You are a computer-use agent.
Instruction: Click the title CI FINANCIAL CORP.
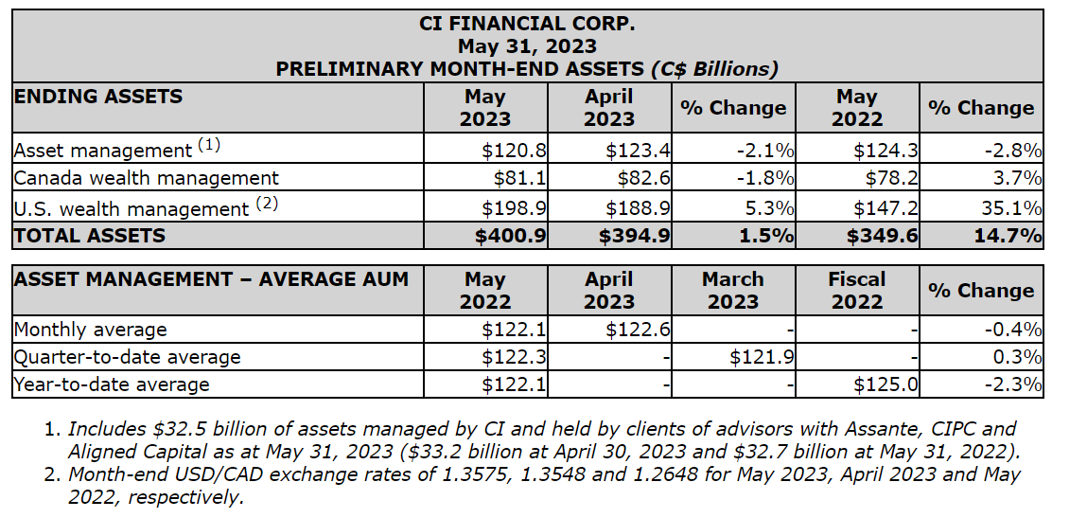coord(527,23)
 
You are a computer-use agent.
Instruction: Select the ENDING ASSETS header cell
coord(97,96)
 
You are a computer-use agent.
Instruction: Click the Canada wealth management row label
coord(147,177)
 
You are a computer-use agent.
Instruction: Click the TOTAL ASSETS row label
coord(90,236)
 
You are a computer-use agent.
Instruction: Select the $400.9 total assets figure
coord(511,236)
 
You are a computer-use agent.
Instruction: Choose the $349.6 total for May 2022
coord(883,236)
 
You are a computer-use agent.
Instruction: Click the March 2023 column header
coord(733,291)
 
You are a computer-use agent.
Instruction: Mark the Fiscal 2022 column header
coord(856,291)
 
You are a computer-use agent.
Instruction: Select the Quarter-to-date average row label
coord(127,357)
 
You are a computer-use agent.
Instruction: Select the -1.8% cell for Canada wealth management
coord(766,177)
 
